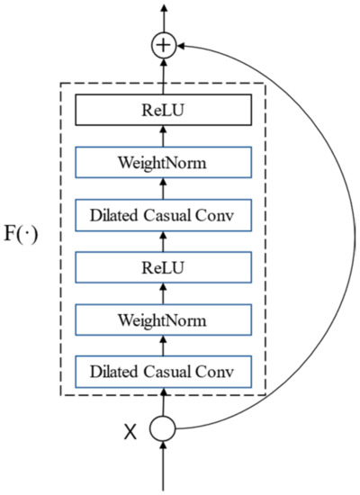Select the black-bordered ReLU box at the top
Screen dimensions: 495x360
coord(163,112)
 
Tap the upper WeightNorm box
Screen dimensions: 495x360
coord(163,164)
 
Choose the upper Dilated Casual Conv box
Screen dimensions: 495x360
coord(163,216)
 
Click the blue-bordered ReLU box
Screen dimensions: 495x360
coord(163,267)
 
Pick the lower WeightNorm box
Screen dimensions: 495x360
coord(163,319)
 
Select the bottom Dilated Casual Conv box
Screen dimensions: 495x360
coord(163,371)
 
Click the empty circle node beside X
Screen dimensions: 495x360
coord(163,429)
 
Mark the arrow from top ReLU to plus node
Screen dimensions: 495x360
coord(163,78)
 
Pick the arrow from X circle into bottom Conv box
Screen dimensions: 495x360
coord(163,401)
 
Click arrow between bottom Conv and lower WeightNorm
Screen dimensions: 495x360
coord(163,346)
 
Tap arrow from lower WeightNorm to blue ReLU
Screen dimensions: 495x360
coord(163,293)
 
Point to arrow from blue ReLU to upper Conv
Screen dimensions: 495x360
coord(163,241)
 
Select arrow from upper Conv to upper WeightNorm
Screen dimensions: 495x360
coord(163,190)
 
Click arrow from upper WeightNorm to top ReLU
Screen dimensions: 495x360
coord(163,138)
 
